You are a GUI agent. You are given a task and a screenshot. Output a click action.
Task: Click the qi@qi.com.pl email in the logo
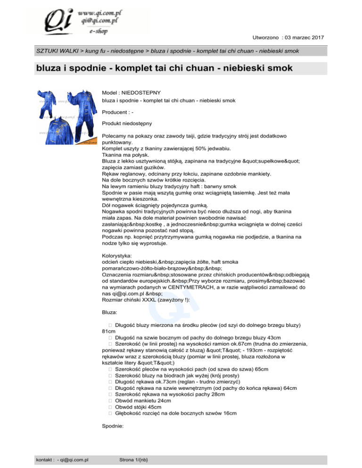[x=97, y=20]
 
